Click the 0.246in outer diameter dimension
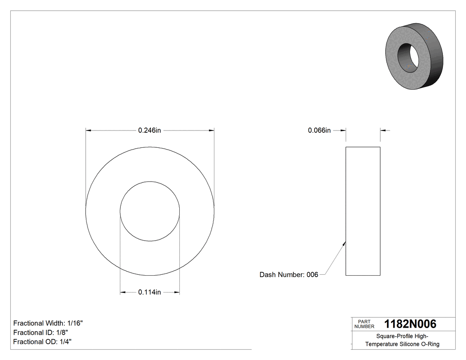point(149,131)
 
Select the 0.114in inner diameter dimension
point(149,292)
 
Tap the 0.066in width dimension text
point(319,131)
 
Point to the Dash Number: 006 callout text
point(288,275)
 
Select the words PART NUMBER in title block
point(364,324)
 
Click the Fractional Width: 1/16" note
point(48,323)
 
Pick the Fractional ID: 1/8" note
point(40,332)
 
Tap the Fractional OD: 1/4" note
point(42,342)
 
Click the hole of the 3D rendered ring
point(407,56)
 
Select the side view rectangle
point(363,211)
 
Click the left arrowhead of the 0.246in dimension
point(88,131)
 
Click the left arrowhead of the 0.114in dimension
point(123,292)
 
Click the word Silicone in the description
point(410,344)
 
